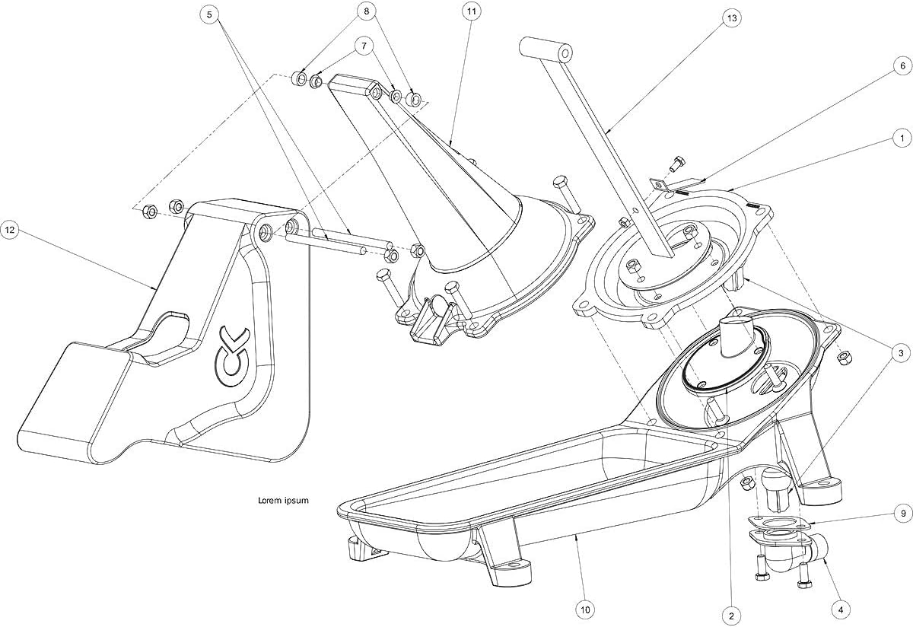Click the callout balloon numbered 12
[10, 228]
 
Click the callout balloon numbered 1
[902, 139]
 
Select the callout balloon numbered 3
[902, 353]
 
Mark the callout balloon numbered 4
[841, 609]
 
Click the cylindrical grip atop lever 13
[546, 51]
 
